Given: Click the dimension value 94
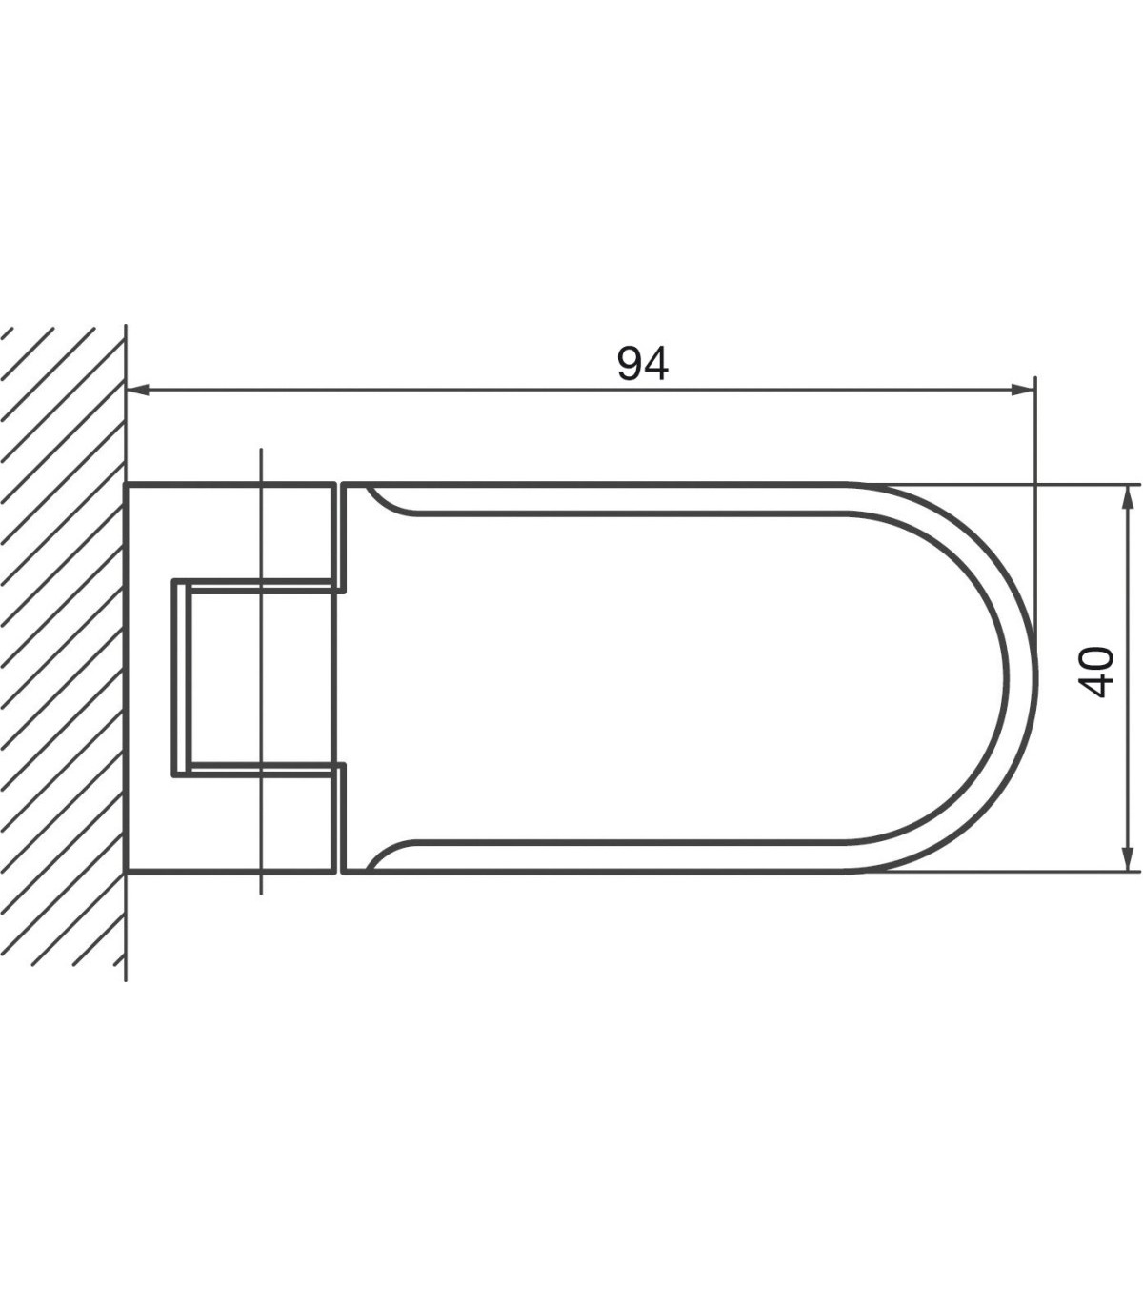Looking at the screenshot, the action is point(643,364).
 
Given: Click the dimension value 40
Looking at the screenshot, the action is point(1095,672).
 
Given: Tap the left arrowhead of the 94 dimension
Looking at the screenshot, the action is point(138,390).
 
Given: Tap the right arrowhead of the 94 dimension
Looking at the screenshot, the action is point(1023,390).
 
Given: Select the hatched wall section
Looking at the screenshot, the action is point(63,653).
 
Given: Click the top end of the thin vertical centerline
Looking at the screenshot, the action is point(261,449).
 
